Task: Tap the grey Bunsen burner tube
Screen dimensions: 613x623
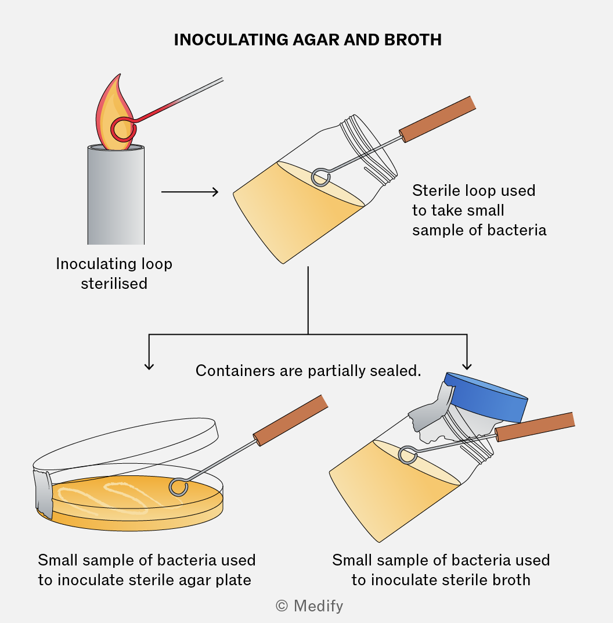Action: [116, 195]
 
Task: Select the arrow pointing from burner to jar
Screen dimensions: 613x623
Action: [190, 192]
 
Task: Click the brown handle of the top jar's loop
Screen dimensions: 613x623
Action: [437, 119]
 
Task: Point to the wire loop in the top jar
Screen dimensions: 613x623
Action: [320, 177]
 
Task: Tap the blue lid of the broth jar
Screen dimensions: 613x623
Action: [486, 397]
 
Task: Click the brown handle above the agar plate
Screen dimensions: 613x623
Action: [290, 420]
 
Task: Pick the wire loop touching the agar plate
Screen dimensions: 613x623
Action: [178, 487]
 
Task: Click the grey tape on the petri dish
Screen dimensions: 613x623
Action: [44, 493]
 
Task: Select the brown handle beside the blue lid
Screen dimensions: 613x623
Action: [535, 427]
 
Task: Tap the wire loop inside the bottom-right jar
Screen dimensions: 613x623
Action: [408, 455]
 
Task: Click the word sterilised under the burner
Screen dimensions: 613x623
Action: [114, 283]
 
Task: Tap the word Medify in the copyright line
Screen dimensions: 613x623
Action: [318, 606]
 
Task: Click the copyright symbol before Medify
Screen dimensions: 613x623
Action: [282, 606]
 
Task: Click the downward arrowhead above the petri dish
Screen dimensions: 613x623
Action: [149, 365]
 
